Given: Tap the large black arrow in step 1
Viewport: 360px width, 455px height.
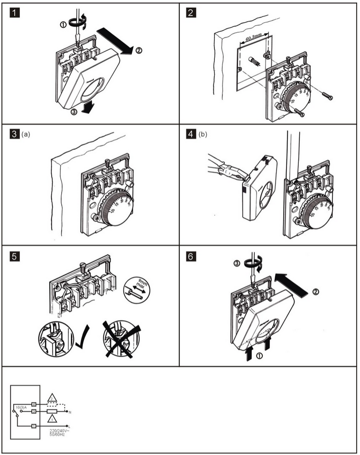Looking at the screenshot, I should (115, 41).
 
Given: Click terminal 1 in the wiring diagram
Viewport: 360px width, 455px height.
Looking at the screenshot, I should (34, 427).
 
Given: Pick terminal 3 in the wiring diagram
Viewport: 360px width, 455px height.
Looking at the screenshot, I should (34, 411).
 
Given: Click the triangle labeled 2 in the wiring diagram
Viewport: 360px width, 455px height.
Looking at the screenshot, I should (52, 398).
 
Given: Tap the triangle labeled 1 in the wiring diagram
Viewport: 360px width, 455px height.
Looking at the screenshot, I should (52, 419).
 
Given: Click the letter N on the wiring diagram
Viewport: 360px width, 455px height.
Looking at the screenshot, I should (70, 412).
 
